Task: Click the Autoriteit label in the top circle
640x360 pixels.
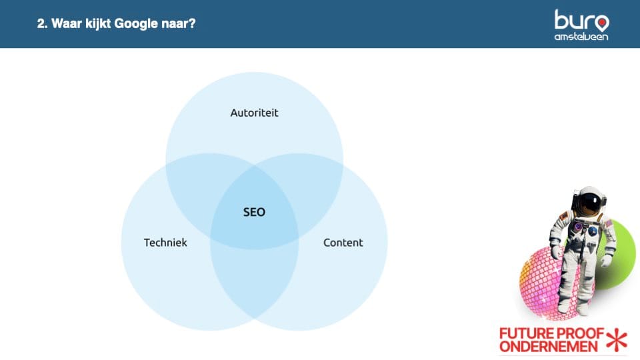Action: tap(254, 113)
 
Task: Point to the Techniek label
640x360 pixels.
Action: tap(165, 243)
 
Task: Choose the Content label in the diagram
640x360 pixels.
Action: tap(343, 243)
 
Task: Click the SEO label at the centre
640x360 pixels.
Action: tap(254, 212)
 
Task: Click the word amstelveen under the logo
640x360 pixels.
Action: tap(581, 37)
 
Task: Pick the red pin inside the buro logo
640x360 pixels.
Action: tap(602, 23)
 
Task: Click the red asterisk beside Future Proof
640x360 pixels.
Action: tap(617, 339)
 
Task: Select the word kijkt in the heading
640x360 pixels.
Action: tap(99, 24)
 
